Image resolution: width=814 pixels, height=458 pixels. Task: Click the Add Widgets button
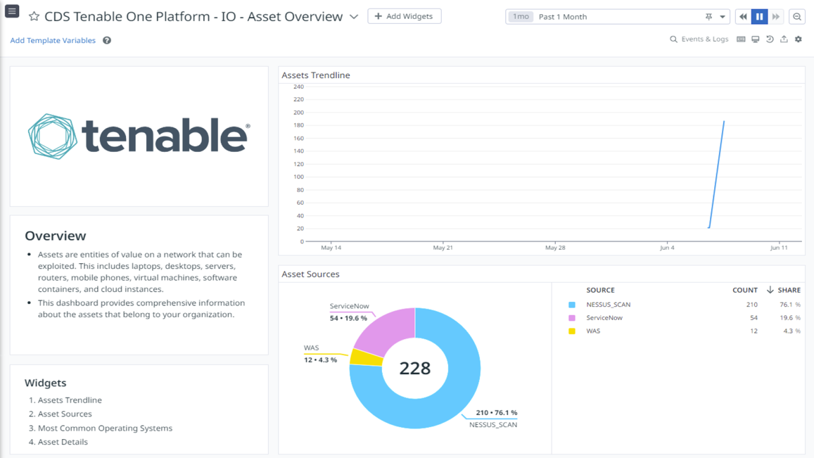coord(405,16)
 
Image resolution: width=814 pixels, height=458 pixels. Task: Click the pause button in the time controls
coord(759,16)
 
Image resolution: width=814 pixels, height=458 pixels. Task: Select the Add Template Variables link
coord(53,41)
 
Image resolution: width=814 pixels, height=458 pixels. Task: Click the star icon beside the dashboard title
coord(34,16)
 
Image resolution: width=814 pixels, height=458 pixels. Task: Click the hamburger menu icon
coord(12,11)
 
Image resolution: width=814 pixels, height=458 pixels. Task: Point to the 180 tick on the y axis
coord(298,125)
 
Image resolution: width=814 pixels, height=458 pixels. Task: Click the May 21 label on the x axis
coord(443,248)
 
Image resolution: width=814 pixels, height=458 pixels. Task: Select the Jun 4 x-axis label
coord(667,248)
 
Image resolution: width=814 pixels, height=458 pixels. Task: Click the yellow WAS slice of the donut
coord(367,357)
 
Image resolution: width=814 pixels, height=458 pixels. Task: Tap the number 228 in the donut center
coord(414,368)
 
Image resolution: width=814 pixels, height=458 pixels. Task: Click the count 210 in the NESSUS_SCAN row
coord(751,305)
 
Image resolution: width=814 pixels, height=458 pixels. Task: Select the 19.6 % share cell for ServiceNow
coord(789,318)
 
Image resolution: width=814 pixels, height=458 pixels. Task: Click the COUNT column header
coord(744,290)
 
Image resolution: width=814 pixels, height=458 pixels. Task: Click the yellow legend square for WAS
coord(572,331)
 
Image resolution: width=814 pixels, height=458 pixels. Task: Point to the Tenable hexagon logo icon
coord(53,136)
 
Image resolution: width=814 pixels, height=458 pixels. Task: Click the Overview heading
coord(56,236)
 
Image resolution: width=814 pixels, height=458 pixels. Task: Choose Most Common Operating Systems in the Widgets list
coord(105,428)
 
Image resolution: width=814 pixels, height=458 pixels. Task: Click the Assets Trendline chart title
coord(316,75)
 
